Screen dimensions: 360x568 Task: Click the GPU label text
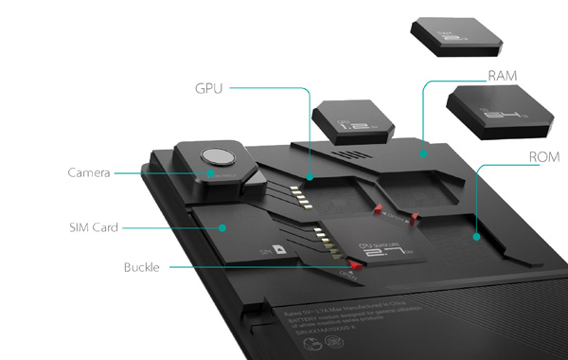(x=207, y=89)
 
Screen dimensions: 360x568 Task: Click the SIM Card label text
(x=93, y=227)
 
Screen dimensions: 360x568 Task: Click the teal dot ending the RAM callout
(x=423, y=151)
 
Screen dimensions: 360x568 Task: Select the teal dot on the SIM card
(x=222, y=227)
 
